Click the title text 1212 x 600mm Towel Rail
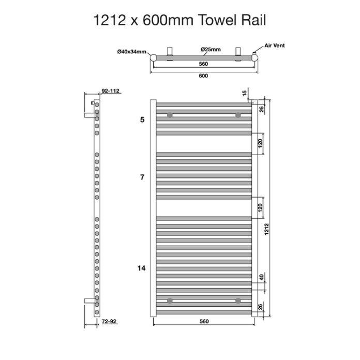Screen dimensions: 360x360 (x=179, y=20)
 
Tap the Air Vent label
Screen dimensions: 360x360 (x=274, y=46)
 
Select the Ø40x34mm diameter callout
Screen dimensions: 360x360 (x=132, y=52)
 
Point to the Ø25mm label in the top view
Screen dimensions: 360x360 (x=211, y=50)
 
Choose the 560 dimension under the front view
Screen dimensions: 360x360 (x=203, y=321)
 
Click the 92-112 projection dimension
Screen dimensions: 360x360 (x=111, y=91)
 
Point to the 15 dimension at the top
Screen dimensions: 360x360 (x=245, y=93)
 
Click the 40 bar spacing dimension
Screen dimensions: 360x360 (x=261, y=277)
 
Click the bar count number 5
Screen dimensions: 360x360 (x=143, y=120)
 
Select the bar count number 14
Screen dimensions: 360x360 (x=142, y=268)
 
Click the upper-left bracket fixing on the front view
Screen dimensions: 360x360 (x=169, y=115)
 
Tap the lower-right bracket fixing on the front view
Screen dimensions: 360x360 (x=237, y=300)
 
